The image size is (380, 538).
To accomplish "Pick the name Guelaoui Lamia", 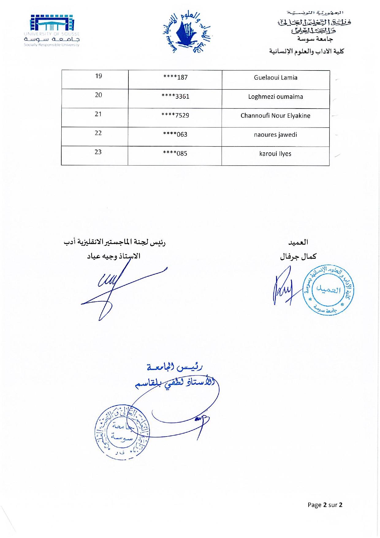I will click(275, 78).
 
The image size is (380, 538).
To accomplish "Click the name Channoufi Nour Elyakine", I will click(275, 116).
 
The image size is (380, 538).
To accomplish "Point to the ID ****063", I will click(175, 135).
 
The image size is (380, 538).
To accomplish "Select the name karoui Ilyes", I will click(275, 154).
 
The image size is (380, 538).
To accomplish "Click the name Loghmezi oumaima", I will click(275, 97).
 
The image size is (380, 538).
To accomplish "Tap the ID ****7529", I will click(175, 116).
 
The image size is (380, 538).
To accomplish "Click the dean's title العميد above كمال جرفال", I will click(298, 242).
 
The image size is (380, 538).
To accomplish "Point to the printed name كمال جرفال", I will click(298, 257).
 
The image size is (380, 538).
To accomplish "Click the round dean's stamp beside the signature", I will click(328, 289).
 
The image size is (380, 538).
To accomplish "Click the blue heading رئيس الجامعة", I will click(174, 367).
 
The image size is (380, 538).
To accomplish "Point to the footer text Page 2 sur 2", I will click(325, 505).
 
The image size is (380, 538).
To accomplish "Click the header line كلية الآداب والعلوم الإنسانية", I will click(306, 51).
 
